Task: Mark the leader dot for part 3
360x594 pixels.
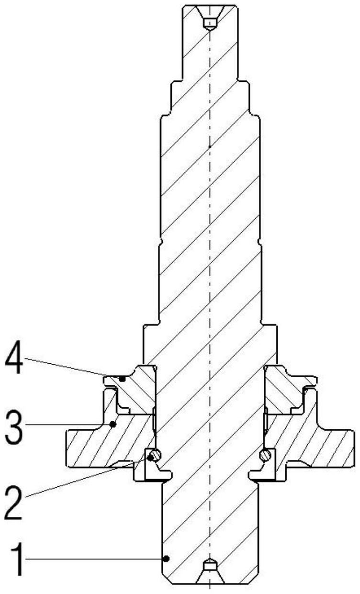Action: click(113, 423)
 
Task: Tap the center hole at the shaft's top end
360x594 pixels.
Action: click(210, 23)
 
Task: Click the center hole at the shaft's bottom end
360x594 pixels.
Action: click(210, 566)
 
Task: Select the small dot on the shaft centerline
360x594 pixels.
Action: click(210, 146)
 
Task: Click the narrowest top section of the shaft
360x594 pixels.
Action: click(210, 48)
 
